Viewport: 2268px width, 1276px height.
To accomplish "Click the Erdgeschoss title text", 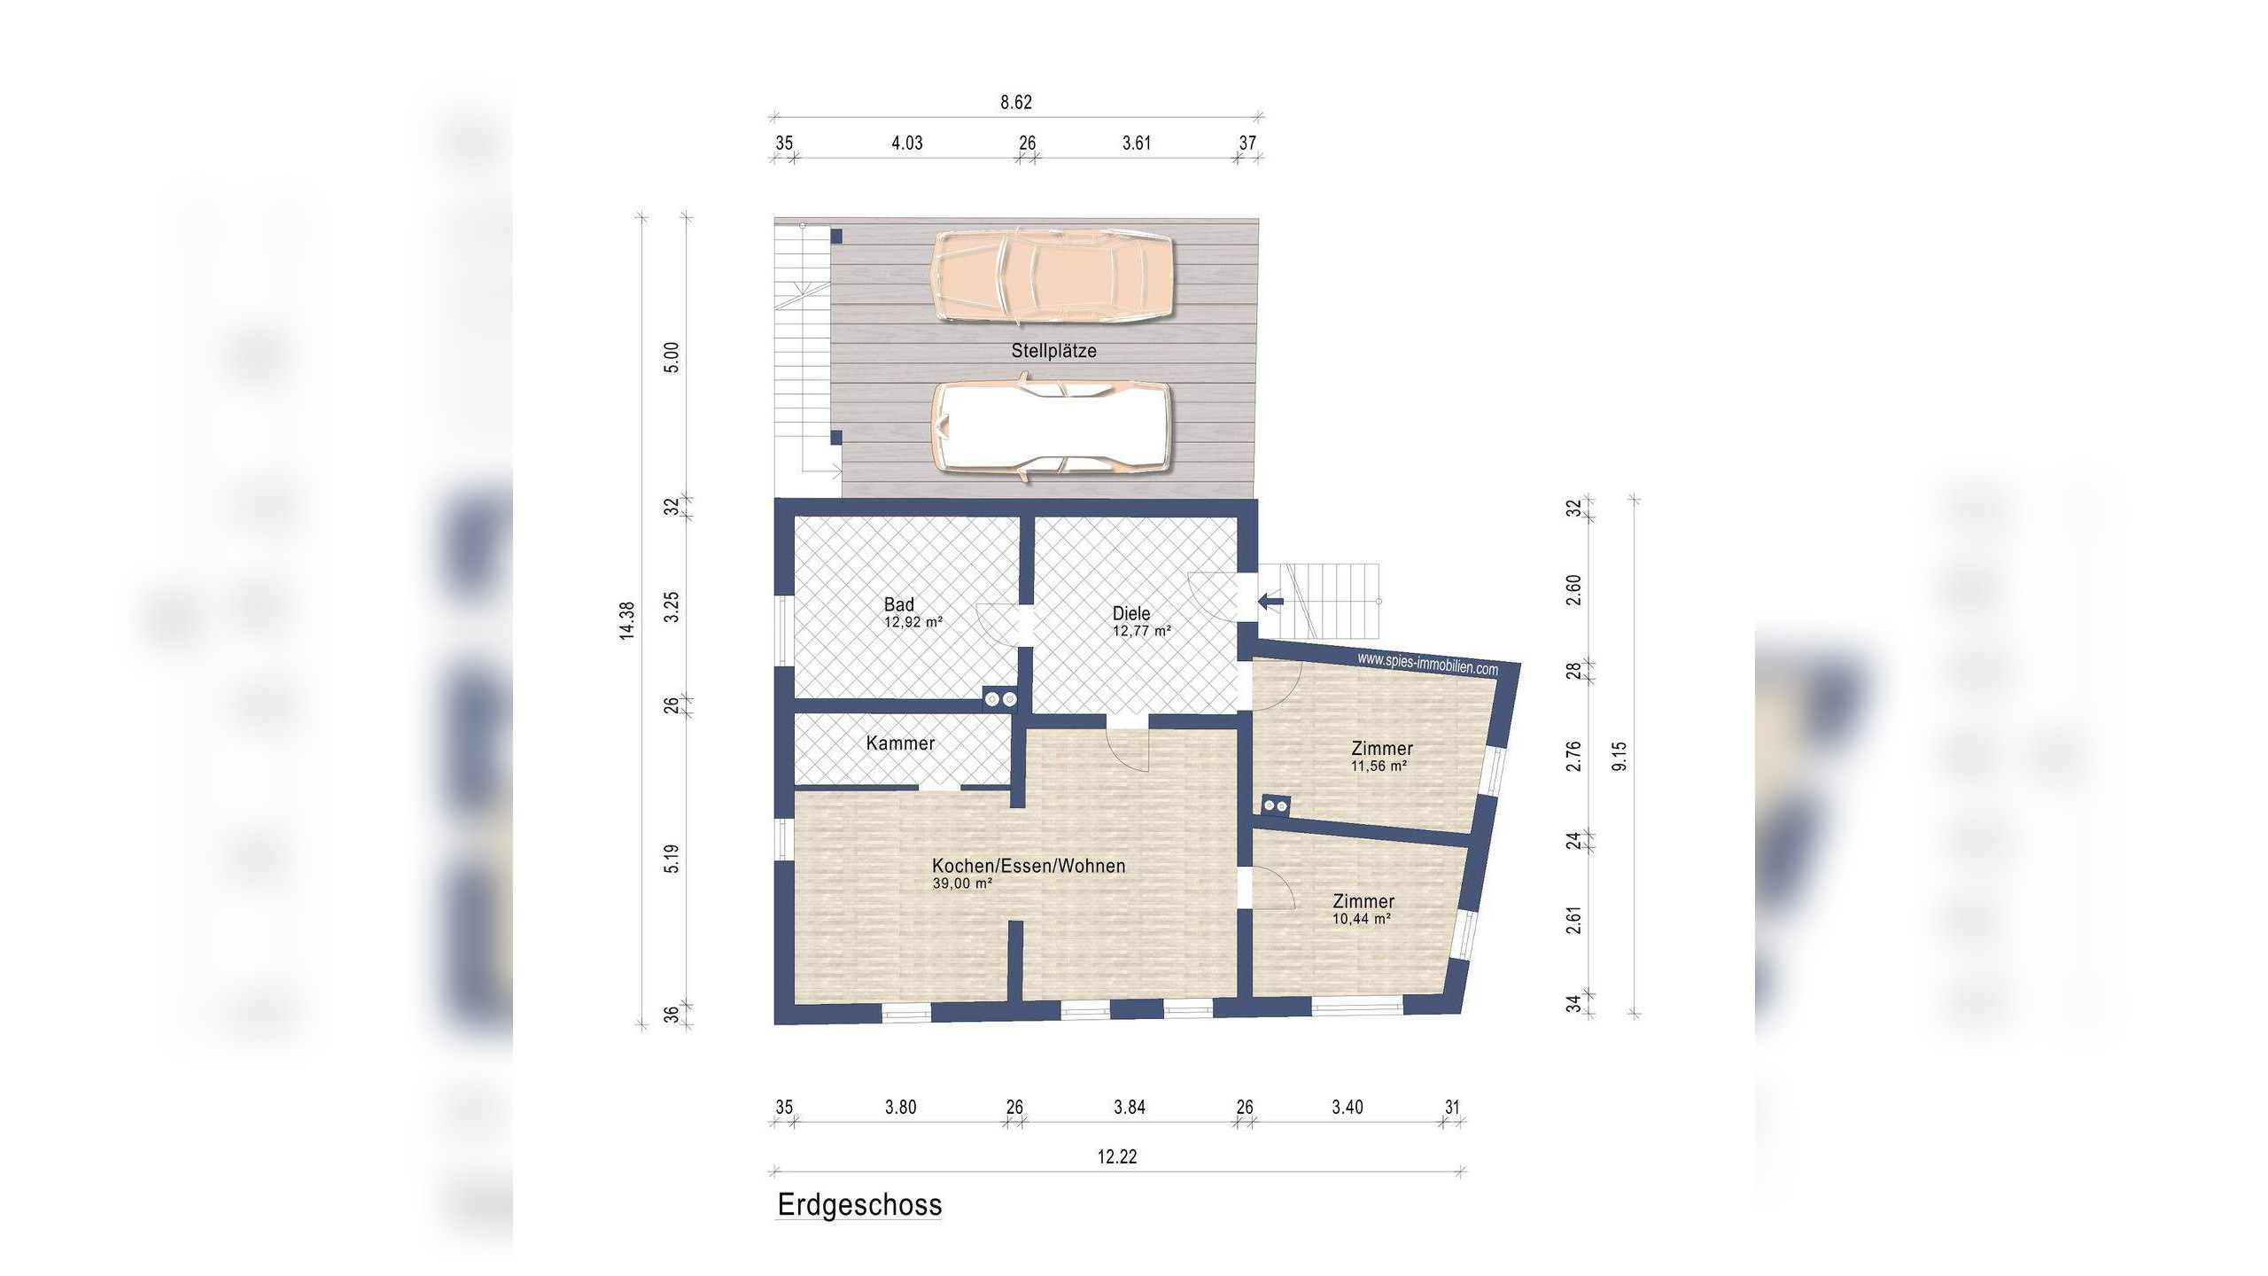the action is coord(859,1206).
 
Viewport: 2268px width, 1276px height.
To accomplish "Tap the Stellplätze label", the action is coord(1053,351).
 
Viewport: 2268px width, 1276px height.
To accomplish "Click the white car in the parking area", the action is coord(1051,427).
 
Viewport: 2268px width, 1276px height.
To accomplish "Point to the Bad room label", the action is coord(898,604).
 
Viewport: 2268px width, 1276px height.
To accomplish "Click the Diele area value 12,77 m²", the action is coord(1142,632).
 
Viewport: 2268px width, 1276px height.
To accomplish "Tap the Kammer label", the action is coord(900,743).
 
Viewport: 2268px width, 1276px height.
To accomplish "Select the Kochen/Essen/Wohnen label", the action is coord(1029,866).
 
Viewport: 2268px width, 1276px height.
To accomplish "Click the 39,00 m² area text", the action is coord(962,884).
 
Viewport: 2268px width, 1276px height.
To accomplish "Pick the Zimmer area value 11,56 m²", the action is coord(1379,766).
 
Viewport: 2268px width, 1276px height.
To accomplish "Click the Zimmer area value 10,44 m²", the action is coord(1362,919).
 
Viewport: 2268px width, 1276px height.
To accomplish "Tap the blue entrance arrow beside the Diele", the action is coord(1270,603).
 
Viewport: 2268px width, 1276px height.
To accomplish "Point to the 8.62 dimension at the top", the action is coord(1016,102).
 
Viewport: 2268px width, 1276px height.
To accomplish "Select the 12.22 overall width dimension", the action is coord(1117,1156).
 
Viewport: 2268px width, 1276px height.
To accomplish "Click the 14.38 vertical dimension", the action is coord(627,620).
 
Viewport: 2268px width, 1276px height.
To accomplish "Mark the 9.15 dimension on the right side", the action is coord(1619,756).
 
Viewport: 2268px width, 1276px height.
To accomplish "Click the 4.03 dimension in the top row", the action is coord(906,143).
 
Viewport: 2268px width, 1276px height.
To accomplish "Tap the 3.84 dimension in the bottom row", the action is coord(1130,1107).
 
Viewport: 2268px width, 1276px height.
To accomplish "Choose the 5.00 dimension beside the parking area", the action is coord(672,357).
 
